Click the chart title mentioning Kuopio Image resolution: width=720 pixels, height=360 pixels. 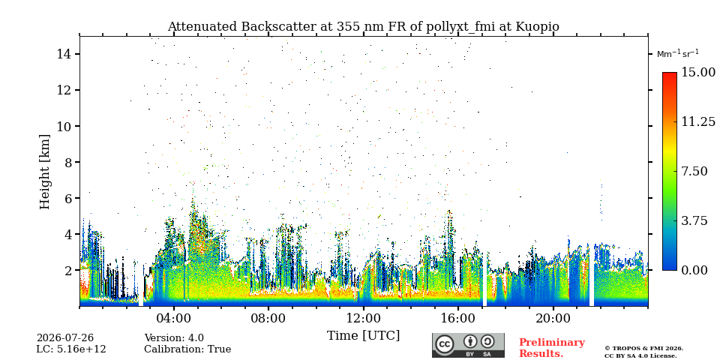tap(363, 27)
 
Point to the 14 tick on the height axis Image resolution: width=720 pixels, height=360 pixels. tap(63, 54)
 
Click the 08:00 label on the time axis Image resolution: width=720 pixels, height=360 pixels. tap(269, 318)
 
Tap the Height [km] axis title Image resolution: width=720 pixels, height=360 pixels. tap(44, 172)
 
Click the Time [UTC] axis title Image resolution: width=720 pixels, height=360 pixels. tap(363, 336)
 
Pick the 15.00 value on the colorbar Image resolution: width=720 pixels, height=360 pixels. tap(698, 73)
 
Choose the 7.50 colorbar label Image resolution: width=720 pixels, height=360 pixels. tap(694, 171)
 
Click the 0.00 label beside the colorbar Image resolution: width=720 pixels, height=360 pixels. tap(694, 270)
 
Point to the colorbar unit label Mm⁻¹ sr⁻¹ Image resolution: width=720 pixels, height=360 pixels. tap(678, 54)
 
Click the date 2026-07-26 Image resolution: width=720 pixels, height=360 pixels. tap(65, 338)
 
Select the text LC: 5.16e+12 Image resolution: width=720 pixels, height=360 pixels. tap(71, 349)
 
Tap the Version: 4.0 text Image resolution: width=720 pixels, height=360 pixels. tap(174, 338)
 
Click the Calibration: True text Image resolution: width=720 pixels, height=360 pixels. tap(187, 349)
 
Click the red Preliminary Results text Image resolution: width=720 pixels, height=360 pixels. tap(552, 348)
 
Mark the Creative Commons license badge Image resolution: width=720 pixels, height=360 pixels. tap(468, 345)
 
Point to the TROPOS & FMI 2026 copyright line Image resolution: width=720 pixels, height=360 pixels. tap(643, 349)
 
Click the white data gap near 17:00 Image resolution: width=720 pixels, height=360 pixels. tap(484, 278)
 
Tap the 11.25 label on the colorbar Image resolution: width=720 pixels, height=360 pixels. tap(698, 121)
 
